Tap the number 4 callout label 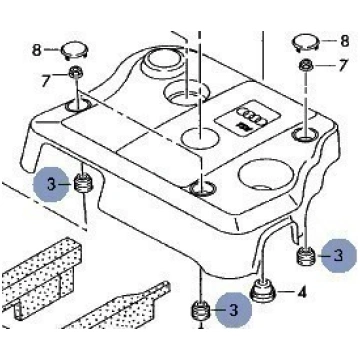point(301,293)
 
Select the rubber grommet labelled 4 point(262,290)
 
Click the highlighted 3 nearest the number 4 point(234,310)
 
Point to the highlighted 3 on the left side point(51,184)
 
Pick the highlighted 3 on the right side point(339,255)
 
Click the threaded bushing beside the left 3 point(83,183)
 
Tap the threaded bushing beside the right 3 point(306,257)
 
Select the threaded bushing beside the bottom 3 point(200,311)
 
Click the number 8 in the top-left point(36,51)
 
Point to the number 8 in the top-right point(344,41)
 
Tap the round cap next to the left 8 point(74,51)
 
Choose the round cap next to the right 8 point(306,42)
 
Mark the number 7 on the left point(46,81)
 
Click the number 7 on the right point(343,65)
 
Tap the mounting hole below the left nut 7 point(78,106)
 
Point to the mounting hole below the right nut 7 point(305,135)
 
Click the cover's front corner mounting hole point(203,189)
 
